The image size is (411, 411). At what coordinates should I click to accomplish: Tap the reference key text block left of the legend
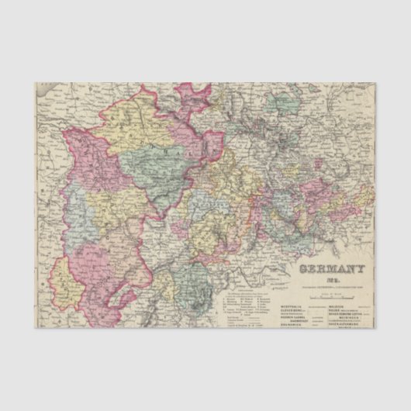point(240,306)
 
